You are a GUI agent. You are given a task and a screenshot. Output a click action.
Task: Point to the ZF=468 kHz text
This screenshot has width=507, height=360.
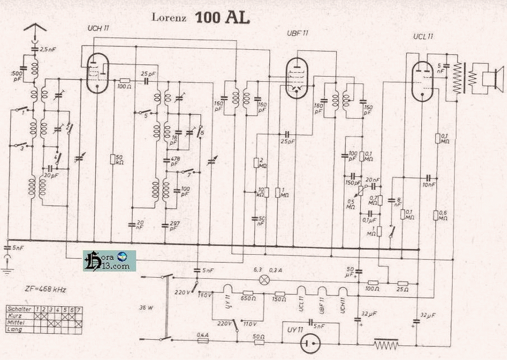pyautogui.click(x=46, y=289)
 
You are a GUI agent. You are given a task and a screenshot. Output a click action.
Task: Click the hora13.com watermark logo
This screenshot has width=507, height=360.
pyautogui.click(x=109, y=261)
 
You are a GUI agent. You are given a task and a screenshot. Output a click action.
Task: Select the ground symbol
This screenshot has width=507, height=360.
pyautogui.click(x=7, y=270)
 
